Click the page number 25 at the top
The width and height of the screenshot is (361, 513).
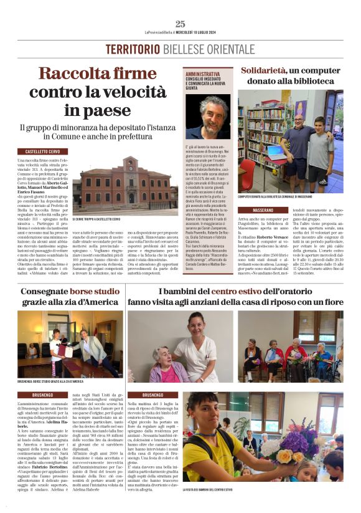(180, 24)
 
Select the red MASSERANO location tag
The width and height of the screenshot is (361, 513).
(254, 210)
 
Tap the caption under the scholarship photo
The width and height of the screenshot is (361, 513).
(50, 381)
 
